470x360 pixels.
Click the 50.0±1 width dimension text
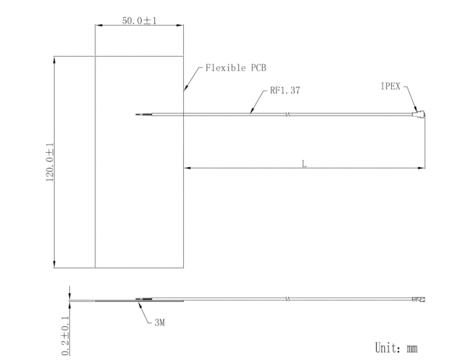pos(140,21)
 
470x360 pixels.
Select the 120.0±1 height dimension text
pos(50,162)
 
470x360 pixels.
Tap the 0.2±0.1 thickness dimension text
pos(66,336)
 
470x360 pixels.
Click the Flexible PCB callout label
pos(236,68)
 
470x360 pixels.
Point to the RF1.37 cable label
pos(285,91)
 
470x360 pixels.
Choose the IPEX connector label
pos(391,86)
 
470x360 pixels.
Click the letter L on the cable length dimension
pos(304,164)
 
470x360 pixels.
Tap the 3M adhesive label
pos(160,323)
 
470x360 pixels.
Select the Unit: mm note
pos(396,348)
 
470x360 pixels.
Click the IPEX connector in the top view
pos(419,114)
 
